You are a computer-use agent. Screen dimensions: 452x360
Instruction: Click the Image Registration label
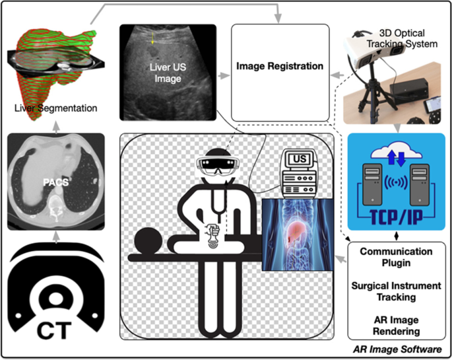point(280,66)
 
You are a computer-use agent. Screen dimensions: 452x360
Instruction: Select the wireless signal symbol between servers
point(396,182)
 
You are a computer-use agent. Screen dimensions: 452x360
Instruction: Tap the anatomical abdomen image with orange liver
point(296,231)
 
